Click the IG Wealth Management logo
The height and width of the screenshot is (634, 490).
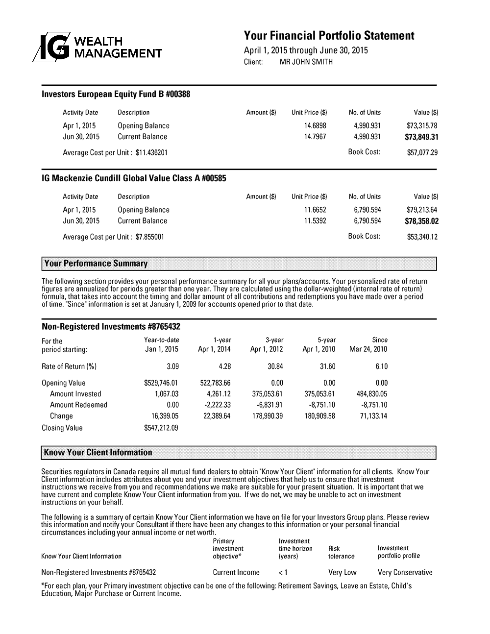[97, 48]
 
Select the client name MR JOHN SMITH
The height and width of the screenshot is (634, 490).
[306, 62]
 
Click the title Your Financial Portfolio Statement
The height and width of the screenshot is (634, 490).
[329, 36]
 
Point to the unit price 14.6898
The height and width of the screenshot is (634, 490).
[315, 126]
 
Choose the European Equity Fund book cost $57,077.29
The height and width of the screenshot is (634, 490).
[422, 152]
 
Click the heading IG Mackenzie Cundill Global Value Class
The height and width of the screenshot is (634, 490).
[134, 178]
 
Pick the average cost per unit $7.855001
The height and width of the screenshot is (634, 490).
[149, 237]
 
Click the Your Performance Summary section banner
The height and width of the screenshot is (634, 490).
[239, 264]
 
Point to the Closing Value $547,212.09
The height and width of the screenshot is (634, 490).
[161, 428]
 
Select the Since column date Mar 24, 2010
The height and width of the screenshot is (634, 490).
[368, 349]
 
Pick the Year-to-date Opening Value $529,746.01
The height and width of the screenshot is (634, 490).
[161, 383]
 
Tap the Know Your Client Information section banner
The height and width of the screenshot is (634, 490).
[239, 452]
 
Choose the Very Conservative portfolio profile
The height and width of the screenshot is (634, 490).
[405, 572]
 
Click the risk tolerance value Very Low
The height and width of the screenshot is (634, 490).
[342, 572]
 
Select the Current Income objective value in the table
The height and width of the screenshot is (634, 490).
[236, 572]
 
